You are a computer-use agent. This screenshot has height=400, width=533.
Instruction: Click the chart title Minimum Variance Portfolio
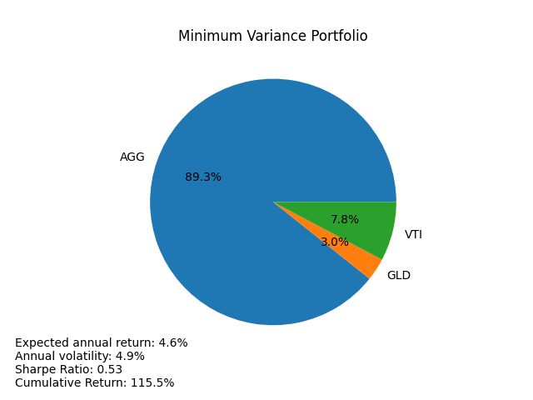click(272, 37)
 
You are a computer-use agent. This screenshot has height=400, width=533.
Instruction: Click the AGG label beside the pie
click(132, 157)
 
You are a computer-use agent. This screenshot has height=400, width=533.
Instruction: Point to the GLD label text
click(398, 276)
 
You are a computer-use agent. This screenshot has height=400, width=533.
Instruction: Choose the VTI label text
click(413, 235)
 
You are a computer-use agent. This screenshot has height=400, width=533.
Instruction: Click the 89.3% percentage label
click(203, 177)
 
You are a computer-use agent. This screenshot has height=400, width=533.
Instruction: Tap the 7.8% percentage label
click(345, 220)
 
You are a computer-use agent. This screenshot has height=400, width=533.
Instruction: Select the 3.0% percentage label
click(335, 242)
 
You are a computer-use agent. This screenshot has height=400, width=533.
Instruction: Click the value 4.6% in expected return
click(173, 343)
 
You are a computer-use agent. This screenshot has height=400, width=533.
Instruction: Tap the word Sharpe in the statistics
click(34, 370)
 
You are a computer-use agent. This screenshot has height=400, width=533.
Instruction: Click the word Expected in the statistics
click(40, 343)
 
